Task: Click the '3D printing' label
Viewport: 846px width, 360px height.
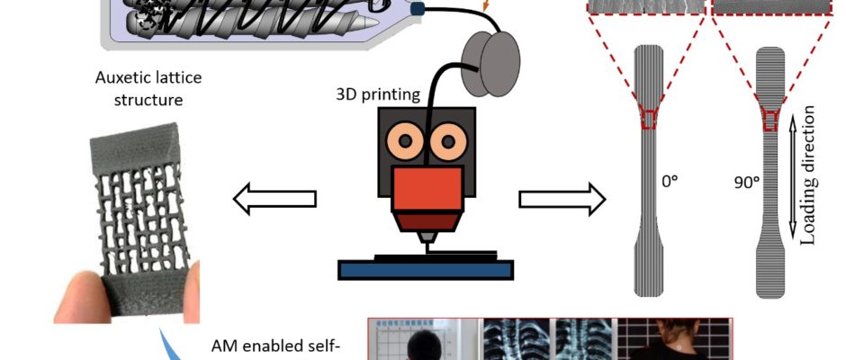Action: pyautogui.click(x=376, y=93)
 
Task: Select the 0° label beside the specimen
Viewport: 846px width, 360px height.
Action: pyautogui.click(x=670, y=181)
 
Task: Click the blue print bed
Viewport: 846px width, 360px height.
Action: pyautogui.click(x=426, y=269)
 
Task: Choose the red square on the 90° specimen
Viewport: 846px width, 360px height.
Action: pyautogui.click(x=770, y=118)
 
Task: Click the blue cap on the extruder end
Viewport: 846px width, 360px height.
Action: pyautogui.click(x=418, y=8)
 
